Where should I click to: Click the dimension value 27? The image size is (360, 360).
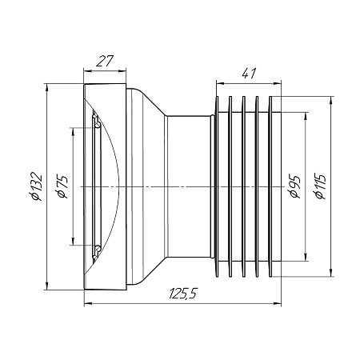(x=105, y=61)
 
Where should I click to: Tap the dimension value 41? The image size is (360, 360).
(x=249, y=74)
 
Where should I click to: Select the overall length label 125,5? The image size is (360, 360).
(x=182, y=294)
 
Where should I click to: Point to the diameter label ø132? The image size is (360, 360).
(x=36, y=186)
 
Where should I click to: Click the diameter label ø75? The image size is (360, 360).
(x=62, y=186)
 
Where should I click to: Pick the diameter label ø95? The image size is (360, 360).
(x=294, y=186)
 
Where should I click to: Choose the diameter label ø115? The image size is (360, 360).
(x=320, y=186)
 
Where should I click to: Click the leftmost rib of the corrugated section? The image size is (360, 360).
(x=217, y=186)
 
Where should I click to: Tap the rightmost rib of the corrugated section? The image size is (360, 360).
(x=270, y=186)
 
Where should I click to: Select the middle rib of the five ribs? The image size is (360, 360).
(x=243, y=186)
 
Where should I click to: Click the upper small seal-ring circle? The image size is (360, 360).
(x=98, y=125)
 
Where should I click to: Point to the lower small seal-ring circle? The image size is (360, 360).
(x=98, y=249)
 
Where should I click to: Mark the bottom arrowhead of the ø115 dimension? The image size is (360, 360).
(x=331, y=273)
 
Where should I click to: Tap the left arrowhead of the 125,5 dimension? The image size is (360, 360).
(x=88, y=303)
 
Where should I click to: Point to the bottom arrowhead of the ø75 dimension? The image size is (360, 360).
(x=72, y=241)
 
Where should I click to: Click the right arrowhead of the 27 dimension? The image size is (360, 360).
(x=122, y=71)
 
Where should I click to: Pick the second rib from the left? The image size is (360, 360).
(x=230, y=186)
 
